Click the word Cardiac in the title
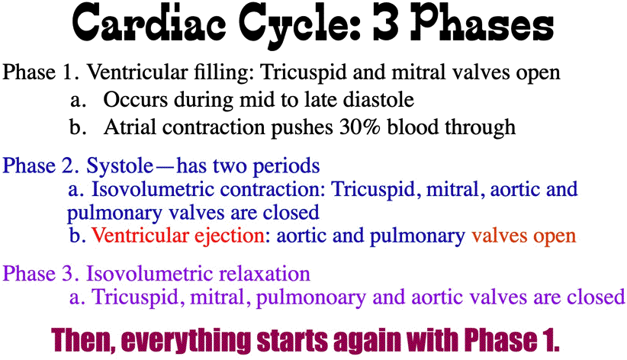(148, 23)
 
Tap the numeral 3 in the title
(386, 23)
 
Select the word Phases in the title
(482, 23)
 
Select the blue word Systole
(120, 166)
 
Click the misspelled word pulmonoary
(310, 298)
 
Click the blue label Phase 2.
(41, 166)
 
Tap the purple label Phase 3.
(41, 274)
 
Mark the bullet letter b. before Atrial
(78, 127)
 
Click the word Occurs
(136, 99)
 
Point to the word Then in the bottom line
(82, 341)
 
